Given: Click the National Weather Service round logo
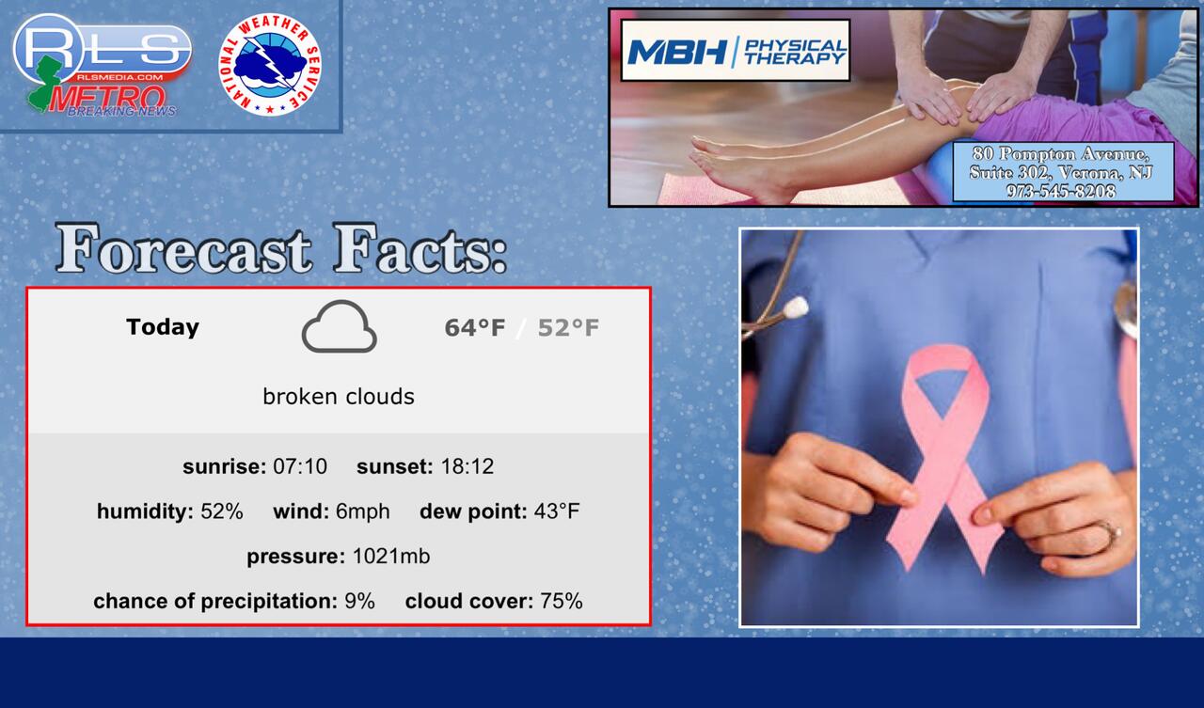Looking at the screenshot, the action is click(x=270, y=65).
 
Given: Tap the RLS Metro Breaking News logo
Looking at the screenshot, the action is click(x=103, y=65).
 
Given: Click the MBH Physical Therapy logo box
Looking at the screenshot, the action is click(x=736, y=51).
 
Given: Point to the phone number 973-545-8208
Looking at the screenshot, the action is click(x=1060, y=191).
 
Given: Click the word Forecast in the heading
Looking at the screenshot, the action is click(x=183, y=249).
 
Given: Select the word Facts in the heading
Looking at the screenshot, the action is click(x=420, y=249).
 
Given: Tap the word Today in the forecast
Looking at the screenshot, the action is click(x=163, y=327).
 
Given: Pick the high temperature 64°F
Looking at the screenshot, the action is click(x=475, y=328).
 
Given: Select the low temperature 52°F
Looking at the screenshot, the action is click(x=568, y=328).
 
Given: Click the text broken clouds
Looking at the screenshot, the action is click(x=339, y=397).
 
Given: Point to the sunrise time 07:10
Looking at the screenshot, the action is click(x=300, y=466).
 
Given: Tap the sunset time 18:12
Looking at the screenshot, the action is click(x=467, y=466).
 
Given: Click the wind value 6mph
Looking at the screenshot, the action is click(x=363, y=511).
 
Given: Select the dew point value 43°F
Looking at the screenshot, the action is click(x=557, y=511).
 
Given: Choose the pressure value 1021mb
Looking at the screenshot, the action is click(x=391, y=556).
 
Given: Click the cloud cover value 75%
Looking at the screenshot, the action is click(x=562, y=601).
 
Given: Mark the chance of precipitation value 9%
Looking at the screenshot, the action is click(x=359, y=601).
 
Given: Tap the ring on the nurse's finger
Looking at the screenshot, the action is click(x=1109, y=532).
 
